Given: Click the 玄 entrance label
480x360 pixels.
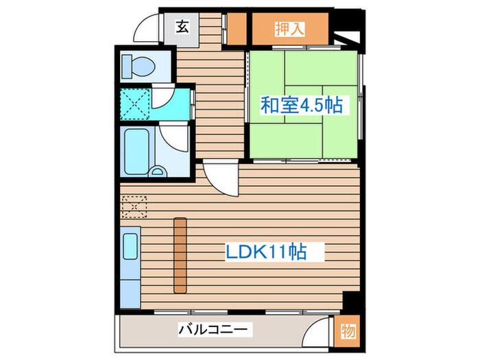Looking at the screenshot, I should click(x=182, y=27).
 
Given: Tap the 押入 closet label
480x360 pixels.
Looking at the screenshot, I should click(x=290, y=29).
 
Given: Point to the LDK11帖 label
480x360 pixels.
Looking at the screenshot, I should click(x=266, y=252).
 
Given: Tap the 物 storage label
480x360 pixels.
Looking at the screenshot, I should click(x=348, y=332).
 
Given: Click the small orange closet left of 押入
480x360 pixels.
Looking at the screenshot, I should click(x=237, y=29).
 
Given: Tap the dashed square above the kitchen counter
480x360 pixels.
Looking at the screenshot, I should click(x=134, y=205).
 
